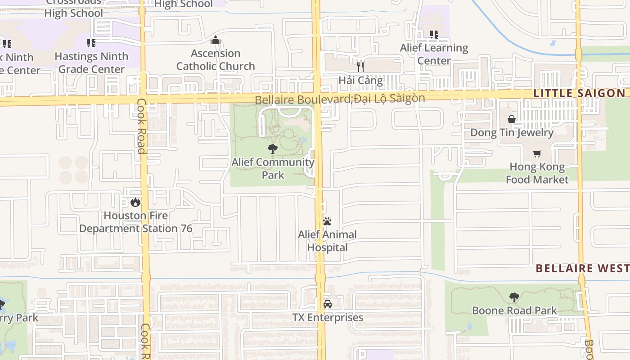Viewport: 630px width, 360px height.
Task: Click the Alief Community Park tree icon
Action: click(272, 149)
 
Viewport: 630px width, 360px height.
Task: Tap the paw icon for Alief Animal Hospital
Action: click(327, 221)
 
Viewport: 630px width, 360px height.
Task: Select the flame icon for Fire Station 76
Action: click(135, 202)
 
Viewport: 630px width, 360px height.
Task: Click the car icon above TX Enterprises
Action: click(327, 304)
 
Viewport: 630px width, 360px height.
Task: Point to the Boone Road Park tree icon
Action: click(514, 297)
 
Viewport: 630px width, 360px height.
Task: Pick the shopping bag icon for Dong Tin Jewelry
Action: click(512, 119)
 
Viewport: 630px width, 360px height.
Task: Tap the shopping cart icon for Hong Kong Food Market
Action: click(537, 154)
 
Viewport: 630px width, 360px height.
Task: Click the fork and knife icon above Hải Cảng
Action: click(360, 67)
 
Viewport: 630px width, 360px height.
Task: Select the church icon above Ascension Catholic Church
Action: click(216, 40)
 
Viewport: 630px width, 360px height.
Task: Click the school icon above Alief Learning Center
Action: click(434, 34)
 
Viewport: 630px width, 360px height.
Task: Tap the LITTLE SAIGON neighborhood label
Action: click(580, 93)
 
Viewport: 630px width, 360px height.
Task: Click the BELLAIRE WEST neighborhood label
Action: click(582, 268)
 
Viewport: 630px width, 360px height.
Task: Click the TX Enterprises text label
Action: click(328, 318)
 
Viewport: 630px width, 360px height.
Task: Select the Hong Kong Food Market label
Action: click(537, 173)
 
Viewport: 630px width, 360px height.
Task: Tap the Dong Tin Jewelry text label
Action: click(512, 133)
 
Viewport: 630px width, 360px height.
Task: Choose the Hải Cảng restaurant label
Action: click(360, 81)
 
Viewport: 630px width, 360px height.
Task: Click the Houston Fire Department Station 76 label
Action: click(135, 222)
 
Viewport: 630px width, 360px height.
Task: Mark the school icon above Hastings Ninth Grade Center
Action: click(91, 43)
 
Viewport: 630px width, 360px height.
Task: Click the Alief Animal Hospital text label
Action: click(327, 241)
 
